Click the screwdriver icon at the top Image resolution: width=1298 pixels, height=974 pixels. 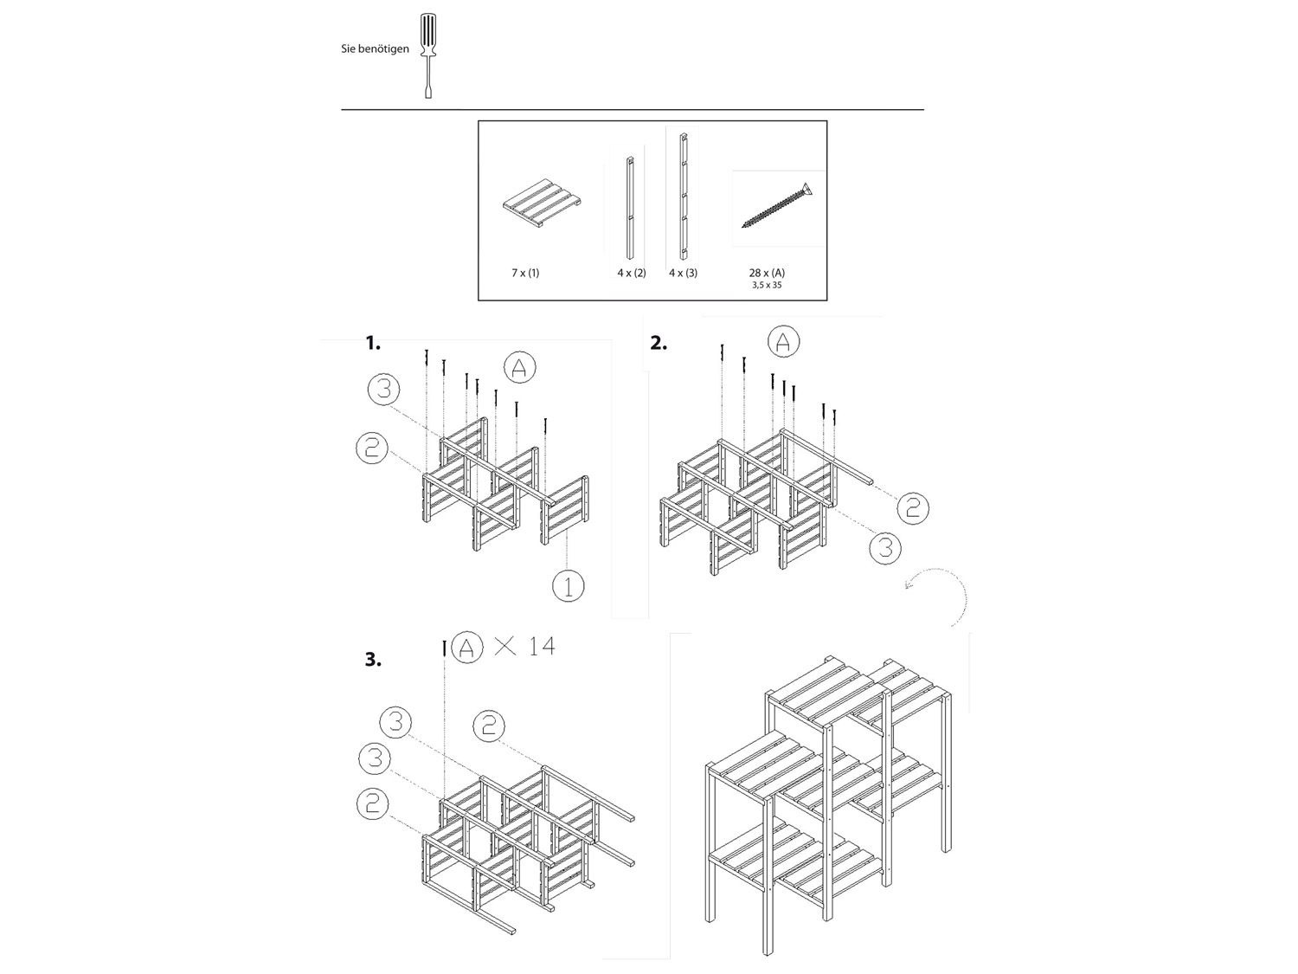427,55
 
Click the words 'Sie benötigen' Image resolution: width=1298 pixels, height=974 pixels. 374,49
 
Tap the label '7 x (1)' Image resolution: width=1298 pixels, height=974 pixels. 525,273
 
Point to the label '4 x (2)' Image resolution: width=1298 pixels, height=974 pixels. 632,273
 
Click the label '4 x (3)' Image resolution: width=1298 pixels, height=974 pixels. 683,273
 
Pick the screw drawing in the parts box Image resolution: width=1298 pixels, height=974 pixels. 777,207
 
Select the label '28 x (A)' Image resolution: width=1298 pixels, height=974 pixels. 767,273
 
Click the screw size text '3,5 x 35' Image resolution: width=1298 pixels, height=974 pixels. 766,285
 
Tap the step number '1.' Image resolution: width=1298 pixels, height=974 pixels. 373,344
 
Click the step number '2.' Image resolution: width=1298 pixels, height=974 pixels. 659,343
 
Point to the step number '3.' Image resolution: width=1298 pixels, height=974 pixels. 373,660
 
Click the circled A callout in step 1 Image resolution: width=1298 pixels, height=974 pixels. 519,368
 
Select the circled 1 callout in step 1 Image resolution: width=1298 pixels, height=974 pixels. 568,586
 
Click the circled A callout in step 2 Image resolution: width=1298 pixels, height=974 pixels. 783,342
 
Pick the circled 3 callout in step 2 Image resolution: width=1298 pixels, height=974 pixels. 884,547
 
